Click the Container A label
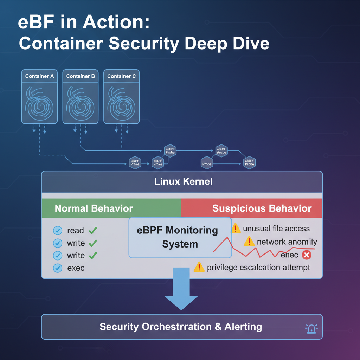tap(39, 76)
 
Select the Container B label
tap(81, 76)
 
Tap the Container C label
tap(121, 76)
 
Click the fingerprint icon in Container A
tap(39, 103)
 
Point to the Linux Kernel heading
tap(183, 182)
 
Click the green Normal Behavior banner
tap(94, 208)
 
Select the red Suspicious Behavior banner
tap(262, 208)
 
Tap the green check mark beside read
tap(93, 231)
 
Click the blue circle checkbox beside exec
tap(57, 268)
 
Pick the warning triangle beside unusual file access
tap(236, 229)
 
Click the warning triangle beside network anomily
tap(249, 242)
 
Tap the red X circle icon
tap(307, 255)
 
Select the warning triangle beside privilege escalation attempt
tap(199, 267)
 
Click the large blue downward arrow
tap(181, 288)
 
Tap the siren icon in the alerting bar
tap(311, 328)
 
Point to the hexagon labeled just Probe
tap(207, 163)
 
